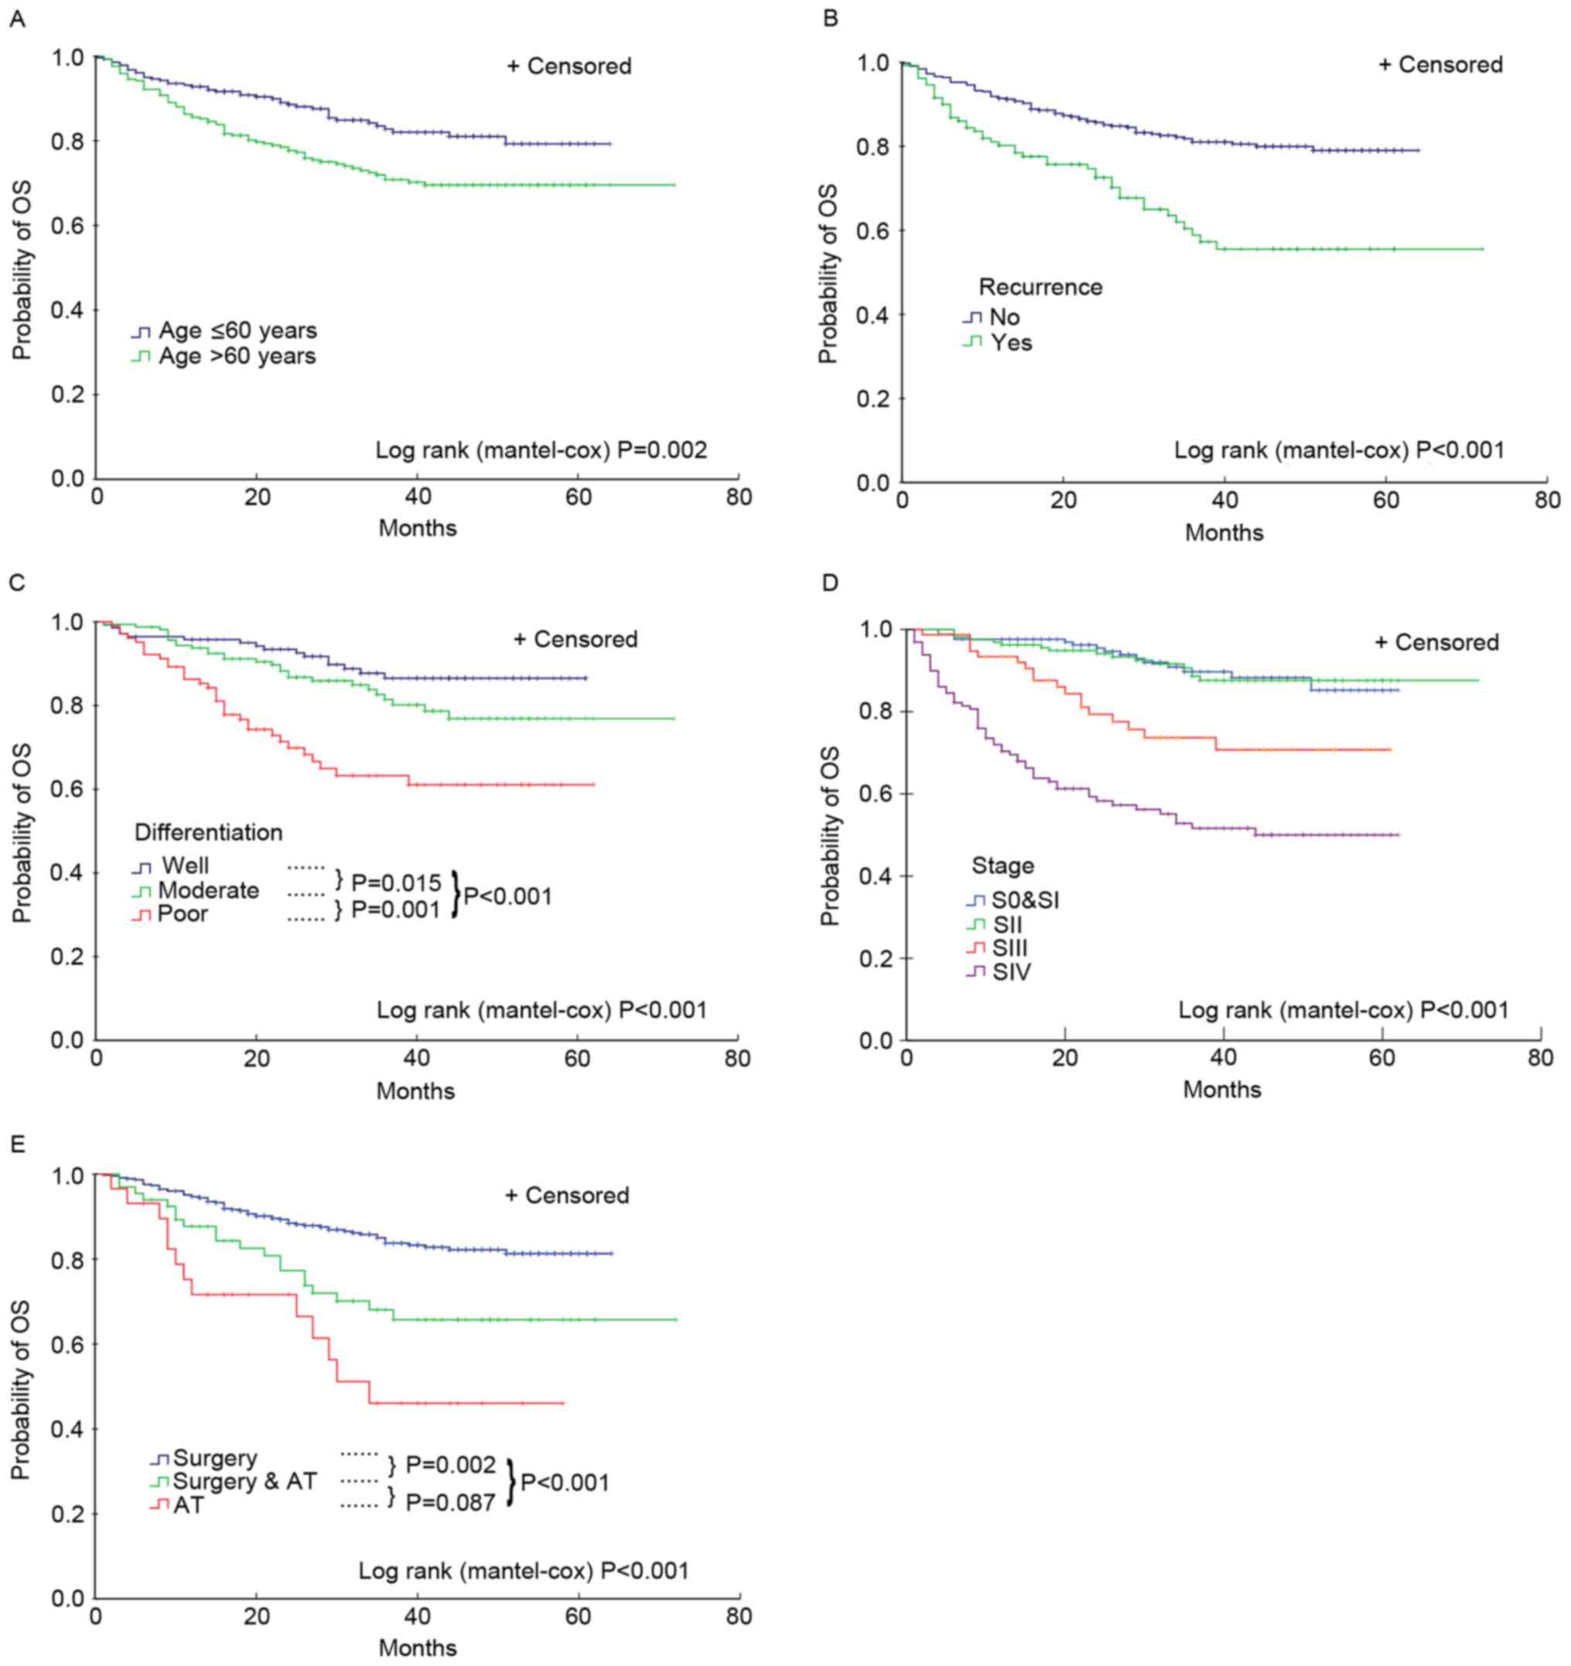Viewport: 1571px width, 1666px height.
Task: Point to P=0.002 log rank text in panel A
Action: [541, 450]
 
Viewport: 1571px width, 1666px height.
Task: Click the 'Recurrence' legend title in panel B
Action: [1040, 288]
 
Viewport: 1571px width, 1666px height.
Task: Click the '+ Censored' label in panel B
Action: [1440, 64]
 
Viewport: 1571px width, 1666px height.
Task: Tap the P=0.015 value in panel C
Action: [396, 883]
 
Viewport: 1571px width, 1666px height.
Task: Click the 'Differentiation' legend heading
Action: [208, 832]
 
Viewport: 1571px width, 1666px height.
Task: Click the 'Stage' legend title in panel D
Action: [1002, 865]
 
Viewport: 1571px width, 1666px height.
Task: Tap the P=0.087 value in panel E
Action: [450, 1504]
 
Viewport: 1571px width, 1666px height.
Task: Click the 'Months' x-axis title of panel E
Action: [418, 1647]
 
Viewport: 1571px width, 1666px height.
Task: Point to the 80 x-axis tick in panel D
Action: [1540, 1058]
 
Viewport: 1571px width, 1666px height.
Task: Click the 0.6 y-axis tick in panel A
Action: [68, 225]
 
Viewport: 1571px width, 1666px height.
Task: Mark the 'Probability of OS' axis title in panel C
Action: [22, 832]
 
